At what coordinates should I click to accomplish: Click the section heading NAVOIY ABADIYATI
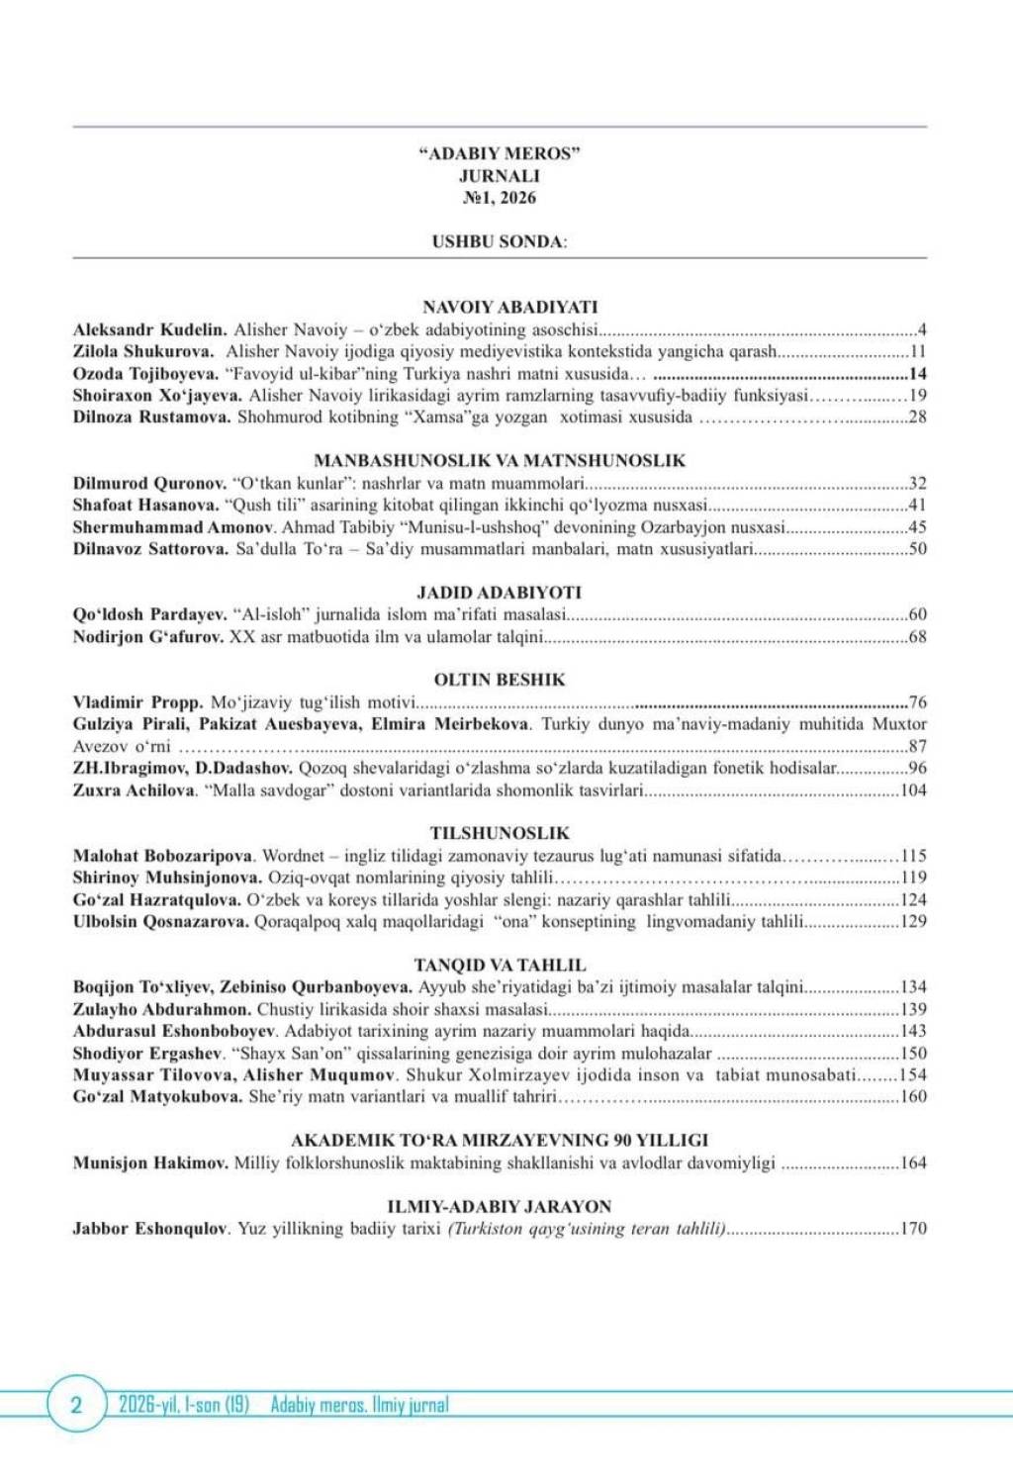509,307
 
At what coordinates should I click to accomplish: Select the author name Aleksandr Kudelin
149,329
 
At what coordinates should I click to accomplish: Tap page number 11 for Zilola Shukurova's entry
917,351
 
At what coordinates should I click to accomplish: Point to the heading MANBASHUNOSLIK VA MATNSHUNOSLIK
499,460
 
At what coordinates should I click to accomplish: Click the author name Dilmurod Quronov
149,483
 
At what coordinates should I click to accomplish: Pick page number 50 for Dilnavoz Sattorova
917,548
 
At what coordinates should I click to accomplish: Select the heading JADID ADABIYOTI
499,592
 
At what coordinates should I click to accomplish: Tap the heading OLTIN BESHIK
499,680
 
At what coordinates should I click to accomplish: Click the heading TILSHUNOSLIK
499,833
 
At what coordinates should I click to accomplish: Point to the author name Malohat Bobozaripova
163,856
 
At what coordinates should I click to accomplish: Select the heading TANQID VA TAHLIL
499,965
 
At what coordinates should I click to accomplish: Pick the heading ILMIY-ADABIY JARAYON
499,1206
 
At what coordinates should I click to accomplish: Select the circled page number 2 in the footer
76,1405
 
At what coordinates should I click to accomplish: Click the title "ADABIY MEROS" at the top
499,153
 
